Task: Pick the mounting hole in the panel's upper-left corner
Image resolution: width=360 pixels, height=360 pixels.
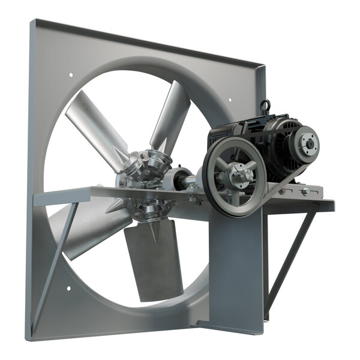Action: click(71, 76)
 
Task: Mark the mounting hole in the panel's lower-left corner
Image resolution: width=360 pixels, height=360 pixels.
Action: click(68, 289)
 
